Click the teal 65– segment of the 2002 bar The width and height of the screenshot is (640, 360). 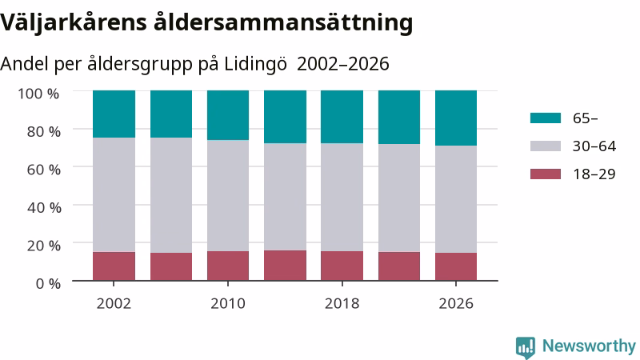[x=114, y=114]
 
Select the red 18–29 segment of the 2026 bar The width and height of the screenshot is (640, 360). [x=456, y=266]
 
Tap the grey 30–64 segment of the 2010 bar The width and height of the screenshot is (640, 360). [x=228, y=195]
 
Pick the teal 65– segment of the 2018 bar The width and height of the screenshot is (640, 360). [x=342, y=117]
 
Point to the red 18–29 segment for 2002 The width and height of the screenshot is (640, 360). [x=114, y=266]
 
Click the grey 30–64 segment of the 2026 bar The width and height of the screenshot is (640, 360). [x=456, y=199]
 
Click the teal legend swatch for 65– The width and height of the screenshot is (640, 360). [x=546, y=118]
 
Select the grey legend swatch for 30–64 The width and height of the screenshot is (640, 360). [x=546, y=146]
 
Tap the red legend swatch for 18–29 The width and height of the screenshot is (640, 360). [x=546, y=174]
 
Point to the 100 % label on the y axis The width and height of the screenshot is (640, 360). [x=38, y=94]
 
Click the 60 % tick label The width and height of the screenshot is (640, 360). [x=44, y=170]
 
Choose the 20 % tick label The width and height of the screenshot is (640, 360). [x=44, y=246]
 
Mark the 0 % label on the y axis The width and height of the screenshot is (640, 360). [x=48, y=283]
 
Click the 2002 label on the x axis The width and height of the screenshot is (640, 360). [x=114, y=304]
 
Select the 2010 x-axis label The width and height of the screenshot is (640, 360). [x=228, y=304]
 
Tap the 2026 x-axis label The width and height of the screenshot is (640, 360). [x=456, y=304]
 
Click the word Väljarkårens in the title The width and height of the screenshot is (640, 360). [x=74, y=22]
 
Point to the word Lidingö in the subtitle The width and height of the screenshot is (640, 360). [x=255, y=64]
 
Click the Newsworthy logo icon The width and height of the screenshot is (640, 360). [x=526, y=347]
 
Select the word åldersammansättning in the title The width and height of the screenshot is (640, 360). [x=283, y=22]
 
